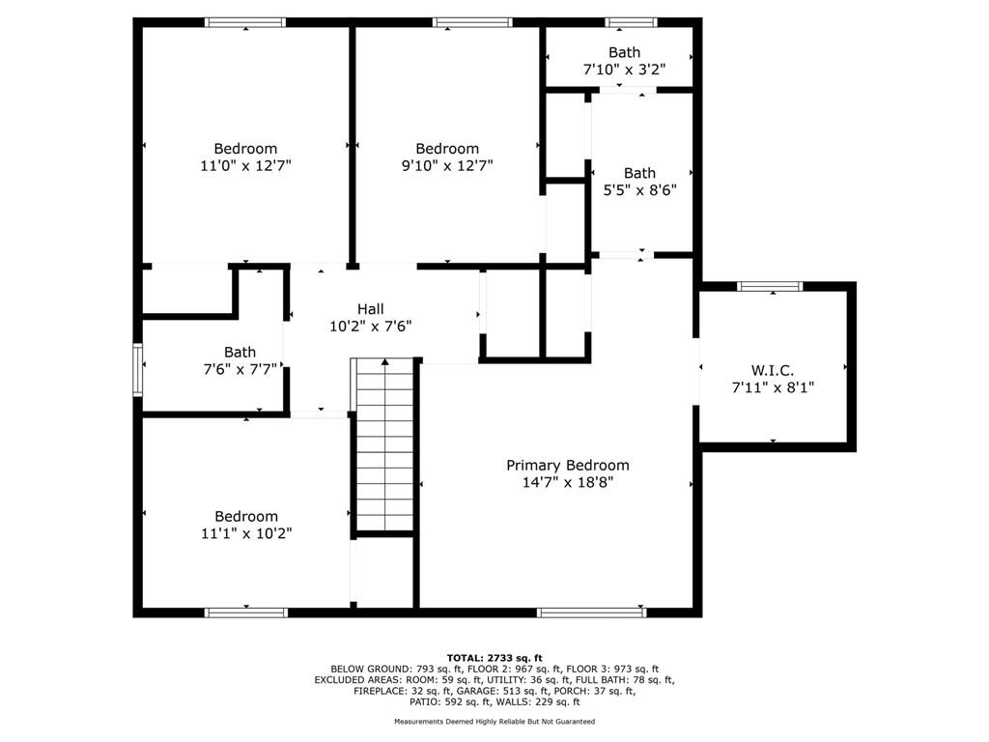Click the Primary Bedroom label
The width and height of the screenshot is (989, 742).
tap(568, 466)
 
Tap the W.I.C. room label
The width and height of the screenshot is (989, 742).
tap(773, 370)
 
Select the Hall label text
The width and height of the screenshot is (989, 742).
tap(371, 309)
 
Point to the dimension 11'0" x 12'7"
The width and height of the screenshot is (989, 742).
tap(246, 166)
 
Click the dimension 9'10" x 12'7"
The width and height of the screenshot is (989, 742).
tap(447, 166)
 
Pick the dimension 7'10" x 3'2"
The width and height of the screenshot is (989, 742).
tap(625, 70)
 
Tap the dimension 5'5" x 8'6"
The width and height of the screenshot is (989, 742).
tap(640, 190)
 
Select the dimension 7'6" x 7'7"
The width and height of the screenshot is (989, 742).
tap(240, 369)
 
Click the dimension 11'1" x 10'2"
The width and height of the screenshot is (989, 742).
tap(246, 533)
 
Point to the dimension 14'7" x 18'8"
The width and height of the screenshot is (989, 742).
tap(568, 483)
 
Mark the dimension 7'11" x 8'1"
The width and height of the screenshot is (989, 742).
tap(773, 387)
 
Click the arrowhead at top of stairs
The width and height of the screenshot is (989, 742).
tap(384, 362)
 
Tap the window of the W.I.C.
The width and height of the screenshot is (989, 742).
tap(770, 286)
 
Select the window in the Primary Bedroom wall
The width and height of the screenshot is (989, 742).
tap(592, 612)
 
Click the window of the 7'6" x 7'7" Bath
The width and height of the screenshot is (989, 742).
tap(137, 370)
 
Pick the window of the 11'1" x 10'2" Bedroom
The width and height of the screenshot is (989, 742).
tap(246, 612)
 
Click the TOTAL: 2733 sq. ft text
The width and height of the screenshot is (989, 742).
tap(494, 658)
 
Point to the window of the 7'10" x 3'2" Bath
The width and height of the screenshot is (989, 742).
tap(632, 23)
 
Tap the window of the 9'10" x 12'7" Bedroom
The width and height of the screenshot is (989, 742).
tap(472, 23)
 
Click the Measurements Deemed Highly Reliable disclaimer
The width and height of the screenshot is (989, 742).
tap(494, 721)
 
